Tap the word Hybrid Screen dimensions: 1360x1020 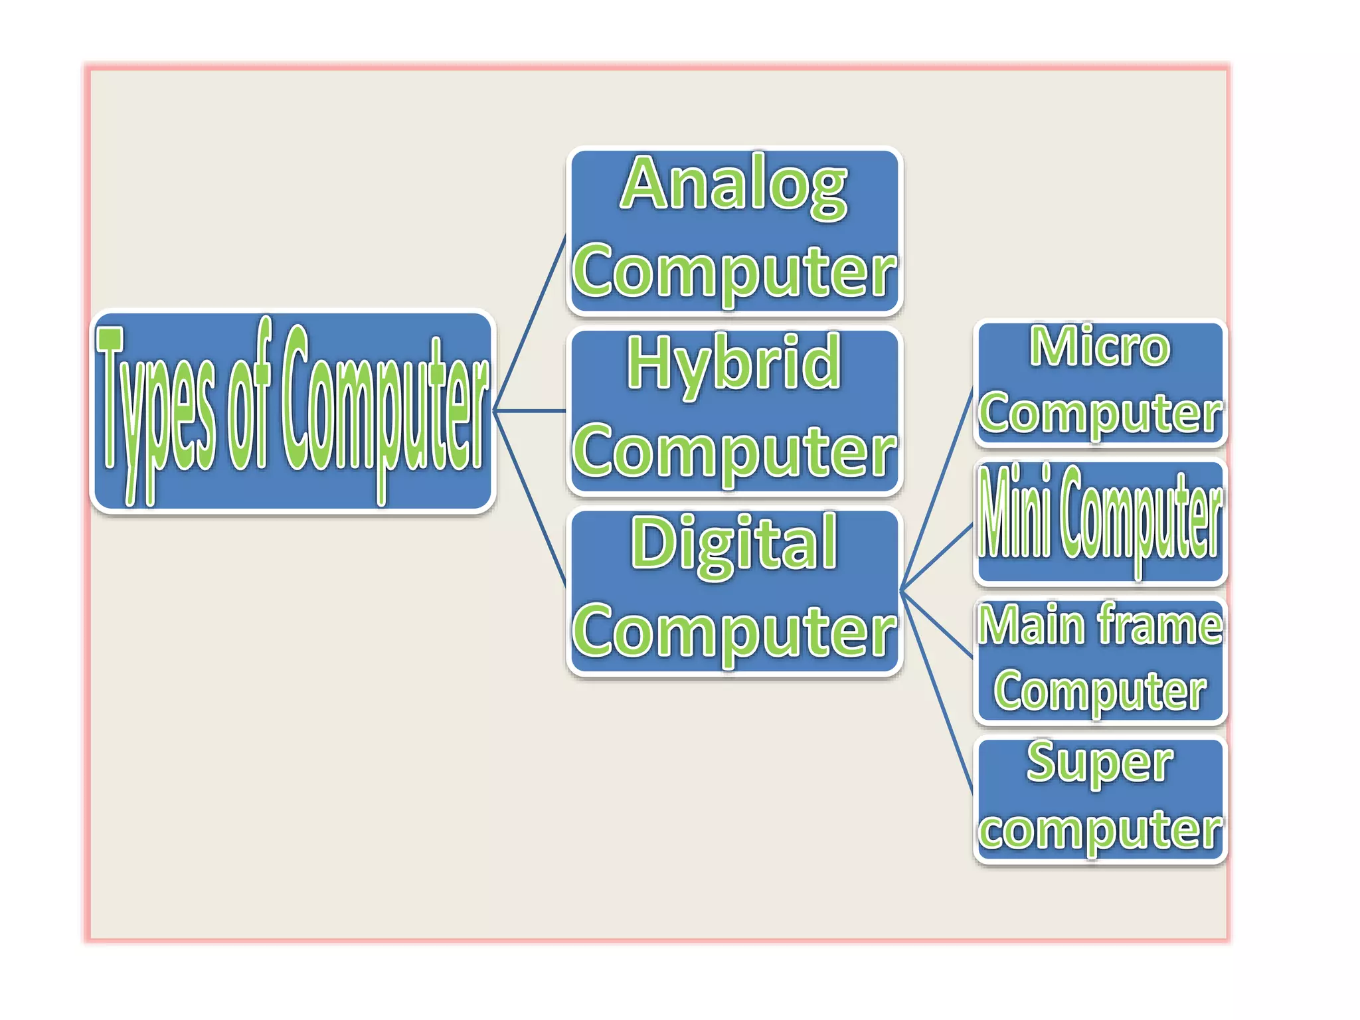pos(734,364)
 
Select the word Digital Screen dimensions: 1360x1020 pos(734,543)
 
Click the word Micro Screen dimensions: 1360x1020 pos(1100,347)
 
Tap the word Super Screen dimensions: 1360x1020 pos(1100,762)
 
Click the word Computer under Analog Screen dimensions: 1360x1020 pos(734,271)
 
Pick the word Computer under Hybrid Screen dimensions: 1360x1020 pos(734,452)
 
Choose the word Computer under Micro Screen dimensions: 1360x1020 pos(1100,413)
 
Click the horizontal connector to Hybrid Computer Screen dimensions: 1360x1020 pos(530,411)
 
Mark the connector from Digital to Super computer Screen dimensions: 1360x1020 pos(936,691)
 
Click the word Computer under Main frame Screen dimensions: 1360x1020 pos(1100,691)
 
